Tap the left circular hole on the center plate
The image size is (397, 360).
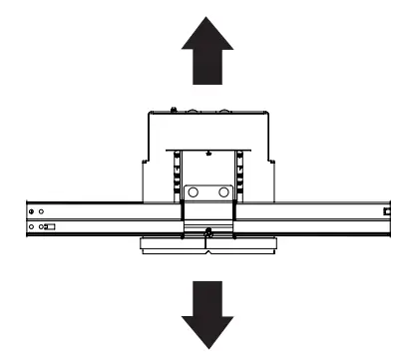195,190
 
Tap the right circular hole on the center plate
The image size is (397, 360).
221,190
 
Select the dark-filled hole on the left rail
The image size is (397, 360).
32,212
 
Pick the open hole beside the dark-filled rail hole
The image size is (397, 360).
42,212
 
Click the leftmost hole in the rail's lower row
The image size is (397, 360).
32,228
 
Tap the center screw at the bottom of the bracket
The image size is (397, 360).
206,234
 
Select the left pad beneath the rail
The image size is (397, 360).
174,245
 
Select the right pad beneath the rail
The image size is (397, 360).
239,245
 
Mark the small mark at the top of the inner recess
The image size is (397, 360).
206,154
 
